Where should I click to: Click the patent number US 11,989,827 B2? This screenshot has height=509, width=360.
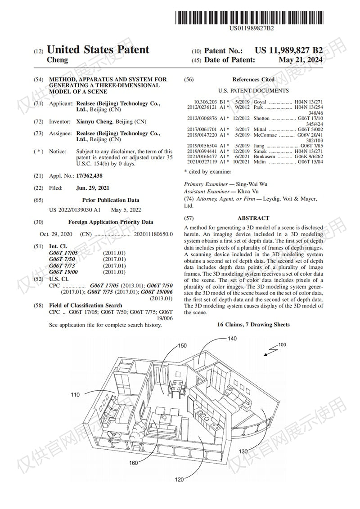click(288, 51)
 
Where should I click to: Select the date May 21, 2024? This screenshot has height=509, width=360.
click(301, 60)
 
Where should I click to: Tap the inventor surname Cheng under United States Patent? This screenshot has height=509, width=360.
click(58, 60)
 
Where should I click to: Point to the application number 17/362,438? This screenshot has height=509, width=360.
click(90, 176)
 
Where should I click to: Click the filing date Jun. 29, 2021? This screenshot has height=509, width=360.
click(93, 188)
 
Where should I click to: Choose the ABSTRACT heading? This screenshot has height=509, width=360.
click(253, 218)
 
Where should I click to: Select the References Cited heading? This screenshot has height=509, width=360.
click(253, 80)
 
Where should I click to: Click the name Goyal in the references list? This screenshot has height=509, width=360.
click(260, 102)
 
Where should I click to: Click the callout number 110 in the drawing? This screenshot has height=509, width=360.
click(75, 395)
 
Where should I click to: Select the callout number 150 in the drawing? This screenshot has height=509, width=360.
click(182, 346)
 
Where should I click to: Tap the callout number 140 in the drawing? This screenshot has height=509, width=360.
click(232, 339)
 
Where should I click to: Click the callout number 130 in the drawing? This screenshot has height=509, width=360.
click(243, 451)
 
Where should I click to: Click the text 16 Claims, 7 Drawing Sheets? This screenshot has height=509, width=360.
click(253, 324)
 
